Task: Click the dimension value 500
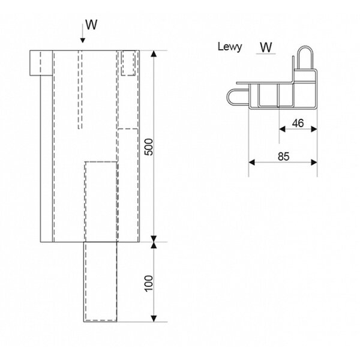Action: coord(149,147)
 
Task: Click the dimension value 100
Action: coord(149,283)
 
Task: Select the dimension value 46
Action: coord(298,123)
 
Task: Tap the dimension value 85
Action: coord(284,157)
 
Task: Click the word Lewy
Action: coord(230,47)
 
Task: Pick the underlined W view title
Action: coord(266,47)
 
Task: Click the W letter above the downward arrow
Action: coord(91,25)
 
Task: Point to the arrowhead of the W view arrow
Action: coord(83,40)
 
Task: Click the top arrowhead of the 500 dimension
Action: coord(154,53)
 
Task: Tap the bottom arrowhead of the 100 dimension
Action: coord(154,319)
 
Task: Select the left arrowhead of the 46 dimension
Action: coord(283,129)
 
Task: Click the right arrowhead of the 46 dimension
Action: coord(314,129)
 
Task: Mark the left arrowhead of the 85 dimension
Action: coord(252,163)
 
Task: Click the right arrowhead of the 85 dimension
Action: coord(314,163)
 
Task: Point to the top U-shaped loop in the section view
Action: coord(305,47)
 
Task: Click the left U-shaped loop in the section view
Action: coord(227,97)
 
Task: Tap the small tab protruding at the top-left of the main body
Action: coord(41,62)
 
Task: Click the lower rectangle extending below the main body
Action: coord(100,282)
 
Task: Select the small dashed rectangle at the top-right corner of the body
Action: coord(128,63)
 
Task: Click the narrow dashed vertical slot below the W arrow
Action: coord(80,89)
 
